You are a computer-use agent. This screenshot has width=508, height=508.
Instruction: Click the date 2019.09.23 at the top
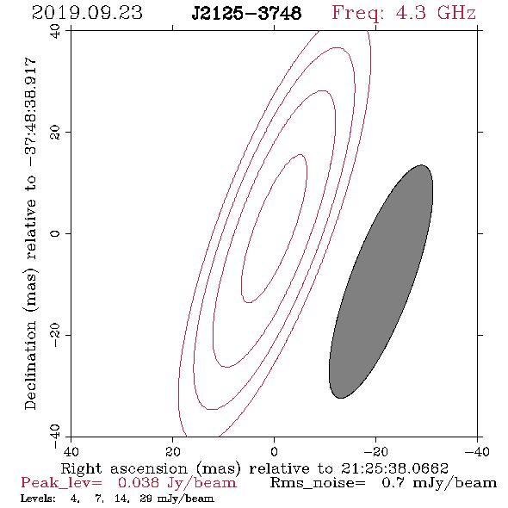pos(87,13)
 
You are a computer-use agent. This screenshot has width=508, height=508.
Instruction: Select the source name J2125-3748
pos(246,13)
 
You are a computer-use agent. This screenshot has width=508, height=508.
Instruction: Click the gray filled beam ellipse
pos(381,282)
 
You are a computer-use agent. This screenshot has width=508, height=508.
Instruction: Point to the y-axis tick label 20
pos(55,133)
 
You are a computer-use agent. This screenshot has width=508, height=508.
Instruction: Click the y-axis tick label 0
pos(55,233)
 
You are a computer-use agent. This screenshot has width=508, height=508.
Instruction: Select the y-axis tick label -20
pos(55,336)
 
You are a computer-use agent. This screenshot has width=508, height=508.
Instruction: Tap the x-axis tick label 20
pos(172,452)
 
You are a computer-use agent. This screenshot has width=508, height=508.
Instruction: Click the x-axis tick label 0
pos(274,452)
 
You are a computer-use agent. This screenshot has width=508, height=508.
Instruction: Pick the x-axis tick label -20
pos(375,452)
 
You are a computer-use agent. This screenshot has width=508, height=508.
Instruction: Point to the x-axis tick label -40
pos(477,452)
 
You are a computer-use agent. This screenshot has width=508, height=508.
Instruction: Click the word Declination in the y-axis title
pos(30,365)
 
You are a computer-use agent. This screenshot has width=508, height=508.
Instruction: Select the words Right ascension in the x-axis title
pos(124,468)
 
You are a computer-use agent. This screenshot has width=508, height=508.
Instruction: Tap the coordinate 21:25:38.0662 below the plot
pos(394,468)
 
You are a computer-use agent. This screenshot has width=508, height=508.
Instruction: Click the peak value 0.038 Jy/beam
pos(177,483)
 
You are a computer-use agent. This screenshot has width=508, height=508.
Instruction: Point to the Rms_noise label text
pos(318,483)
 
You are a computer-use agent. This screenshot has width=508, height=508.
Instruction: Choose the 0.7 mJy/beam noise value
pos(439,483)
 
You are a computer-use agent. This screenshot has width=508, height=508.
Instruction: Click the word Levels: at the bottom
pos(38,499)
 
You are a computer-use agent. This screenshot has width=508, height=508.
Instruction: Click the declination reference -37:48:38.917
pos(30,112)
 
